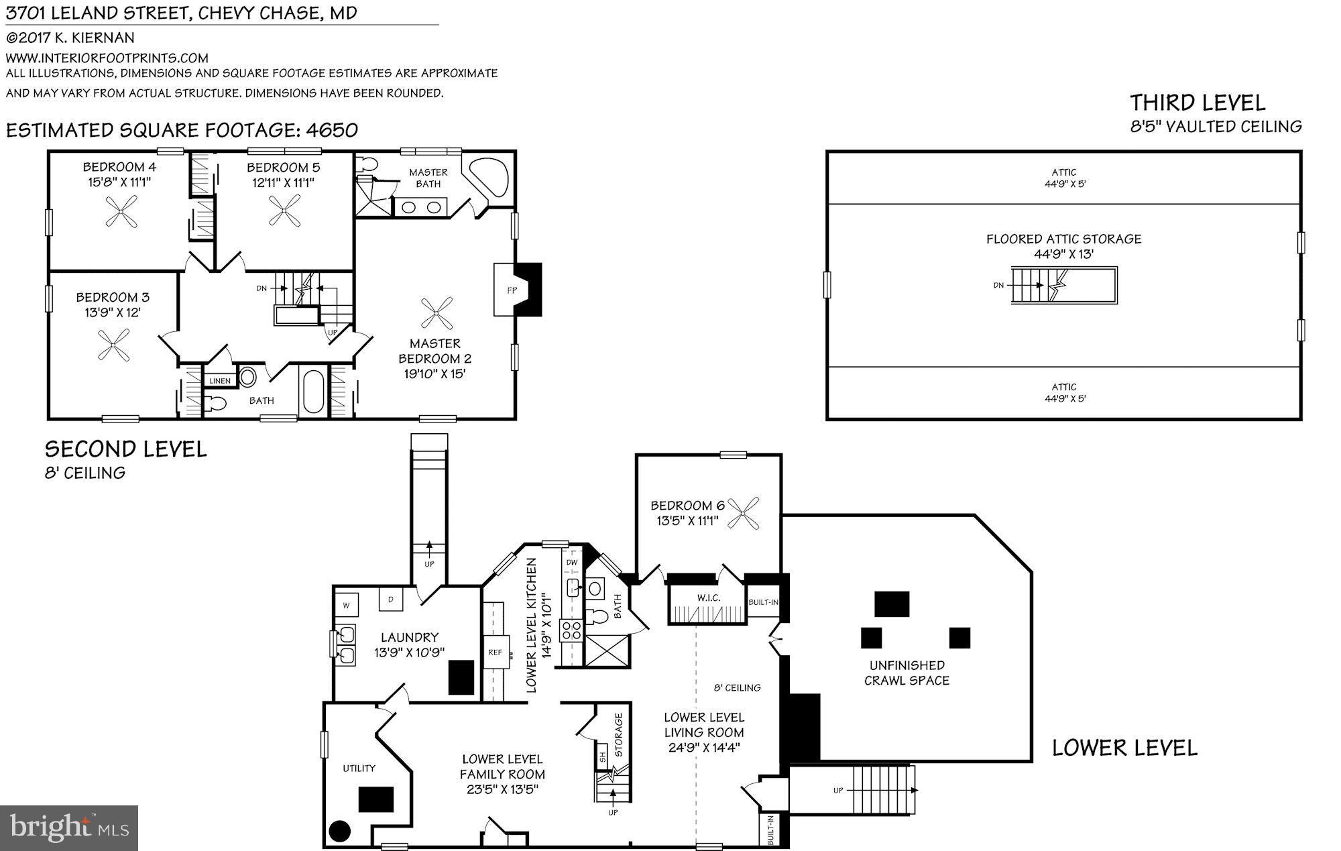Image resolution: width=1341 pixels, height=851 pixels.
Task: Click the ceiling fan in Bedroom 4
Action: pyautogui.click(x=121, y=211)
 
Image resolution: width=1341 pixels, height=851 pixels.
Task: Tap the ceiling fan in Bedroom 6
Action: pyautogui.click(x=743, y=514)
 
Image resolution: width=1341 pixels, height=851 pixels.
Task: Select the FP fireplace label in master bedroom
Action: pyautogui.click(x=512, y=290)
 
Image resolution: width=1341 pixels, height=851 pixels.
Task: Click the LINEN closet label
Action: pyautogui.click(x=220, y=381)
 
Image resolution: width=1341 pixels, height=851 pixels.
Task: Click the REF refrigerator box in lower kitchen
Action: pyautogui.click(x=495, y=653)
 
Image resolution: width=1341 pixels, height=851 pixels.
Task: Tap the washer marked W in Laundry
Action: pyautogui.click(x=347, y=605)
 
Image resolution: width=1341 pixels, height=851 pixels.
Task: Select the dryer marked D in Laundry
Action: pyautogui.click(x=390, y=599)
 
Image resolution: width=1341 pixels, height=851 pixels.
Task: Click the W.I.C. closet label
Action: pyautogui.click(x=708, y=598)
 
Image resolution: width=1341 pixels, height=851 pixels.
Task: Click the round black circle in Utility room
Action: pyautogui.click(x=340, y=831)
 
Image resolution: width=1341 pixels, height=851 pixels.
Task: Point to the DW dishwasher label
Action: pyautogui.click(x=572, y=563)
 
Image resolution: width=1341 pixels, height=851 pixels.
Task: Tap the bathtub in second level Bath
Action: pyautogui.click(x=313, y=393)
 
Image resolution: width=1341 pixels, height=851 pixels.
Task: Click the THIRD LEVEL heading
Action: pyautogui.click(x=1198, y=103)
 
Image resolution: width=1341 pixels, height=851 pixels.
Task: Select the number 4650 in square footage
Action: pyautogui.click(x=331, y=129)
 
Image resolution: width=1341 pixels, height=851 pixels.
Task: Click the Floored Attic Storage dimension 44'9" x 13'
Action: pyautogui.click(x=1063, y=254)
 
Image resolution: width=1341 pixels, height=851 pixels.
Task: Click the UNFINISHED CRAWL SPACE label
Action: pyautogui.click(x=907, y=673)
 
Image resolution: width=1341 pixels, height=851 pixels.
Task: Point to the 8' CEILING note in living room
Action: pyautogui.click(x=737, y=687)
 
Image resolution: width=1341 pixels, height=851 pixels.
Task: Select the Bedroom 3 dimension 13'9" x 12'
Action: pyautogui.click(x=113, y=313)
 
